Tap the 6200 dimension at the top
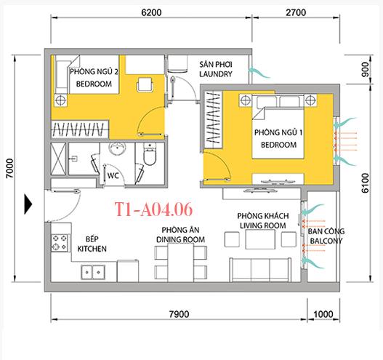click(152, 12)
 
